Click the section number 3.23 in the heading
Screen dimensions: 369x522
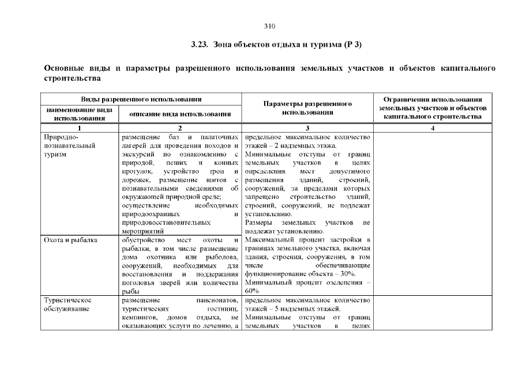tap(199, 44)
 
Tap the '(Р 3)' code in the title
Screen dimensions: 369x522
tap(353, 44)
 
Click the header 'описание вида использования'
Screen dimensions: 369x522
tap(180, 114)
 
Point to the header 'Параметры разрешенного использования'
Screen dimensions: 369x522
tap(307, 108)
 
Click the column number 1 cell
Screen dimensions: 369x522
tap(80, 128)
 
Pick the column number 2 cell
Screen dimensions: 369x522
tap(180, 128)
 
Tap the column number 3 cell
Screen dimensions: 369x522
tap(307, 128)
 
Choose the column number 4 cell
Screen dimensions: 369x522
tap(433, 128)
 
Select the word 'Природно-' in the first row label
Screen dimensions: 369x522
tap(58, 138)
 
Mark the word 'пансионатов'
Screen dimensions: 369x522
tap(216, 300)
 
